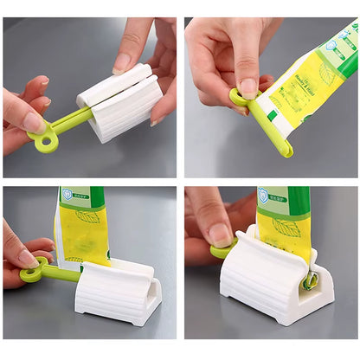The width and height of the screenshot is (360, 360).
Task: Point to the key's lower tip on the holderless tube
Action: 286,151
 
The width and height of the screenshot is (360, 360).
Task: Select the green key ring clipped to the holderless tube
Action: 237,96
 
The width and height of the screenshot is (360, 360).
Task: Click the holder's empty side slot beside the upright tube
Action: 151,302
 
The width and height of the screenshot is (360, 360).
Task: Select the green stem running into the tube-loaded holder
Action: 61,273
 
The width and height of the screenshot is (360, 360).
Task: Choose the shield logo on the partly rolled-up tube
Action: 262,195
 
